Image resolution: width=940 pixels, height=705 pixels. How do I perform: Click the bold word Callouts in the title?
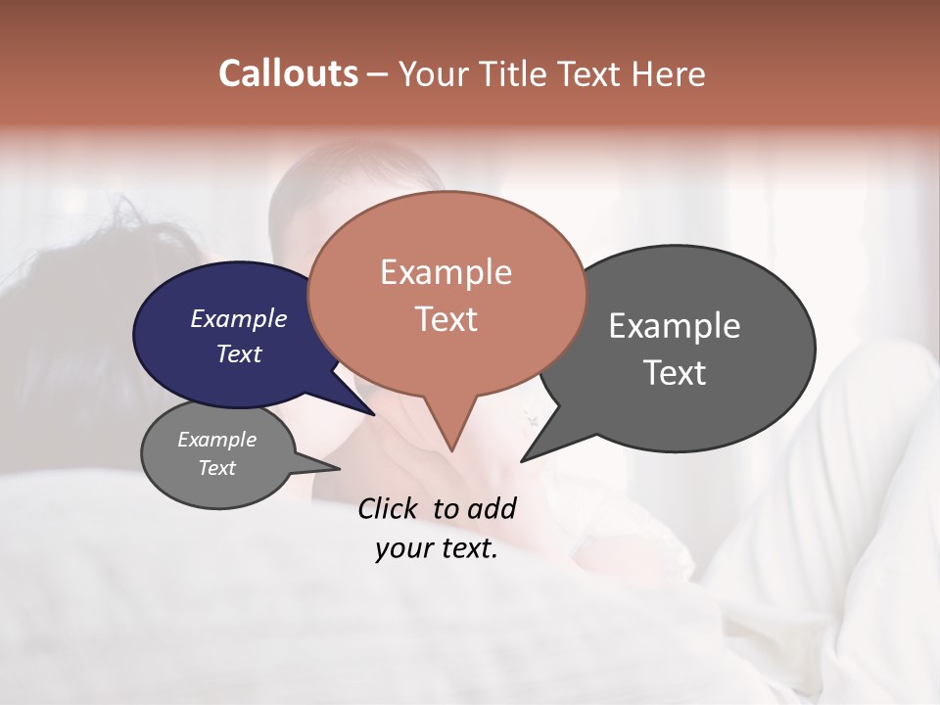pos(288,73)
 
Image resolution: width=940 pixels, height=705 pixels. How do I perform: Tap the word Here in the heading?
pos(668,73)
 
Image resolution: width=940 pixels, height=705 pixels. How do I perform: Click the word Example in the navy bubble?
pos(238,318)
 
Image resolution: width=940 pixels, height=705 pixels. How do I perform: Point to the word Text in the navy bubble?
pos(238,353)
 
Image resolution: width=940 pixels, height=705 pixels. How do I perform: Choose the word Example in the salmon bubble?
pos(446,272)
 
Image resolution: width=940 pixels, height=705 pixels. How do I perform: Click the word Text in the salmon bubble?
pos(446,319)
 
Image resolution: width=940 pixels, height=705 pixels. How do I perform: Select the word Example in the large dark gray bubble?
pos(674,326)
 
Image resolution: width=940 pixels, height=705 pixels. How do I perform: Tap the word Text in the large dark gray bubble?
pos(674,373)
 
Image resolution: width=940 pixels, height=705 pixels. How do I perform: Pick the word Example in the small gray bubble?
pos(216,440)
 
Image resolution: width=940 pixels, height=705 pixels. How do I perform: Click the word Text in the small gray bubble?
pos(216,468)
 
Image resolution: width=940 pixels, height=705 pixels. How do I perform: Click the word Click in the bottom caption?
pos(390,508)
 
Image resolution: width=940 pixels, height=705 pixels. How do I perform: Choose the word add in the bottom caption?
pos(492,508)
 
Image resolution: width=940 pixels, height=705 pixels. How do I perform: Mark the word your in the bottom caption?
pos(403,548)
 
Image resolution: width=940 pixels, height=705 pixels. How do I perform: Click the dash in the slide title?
pos(378,73)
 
